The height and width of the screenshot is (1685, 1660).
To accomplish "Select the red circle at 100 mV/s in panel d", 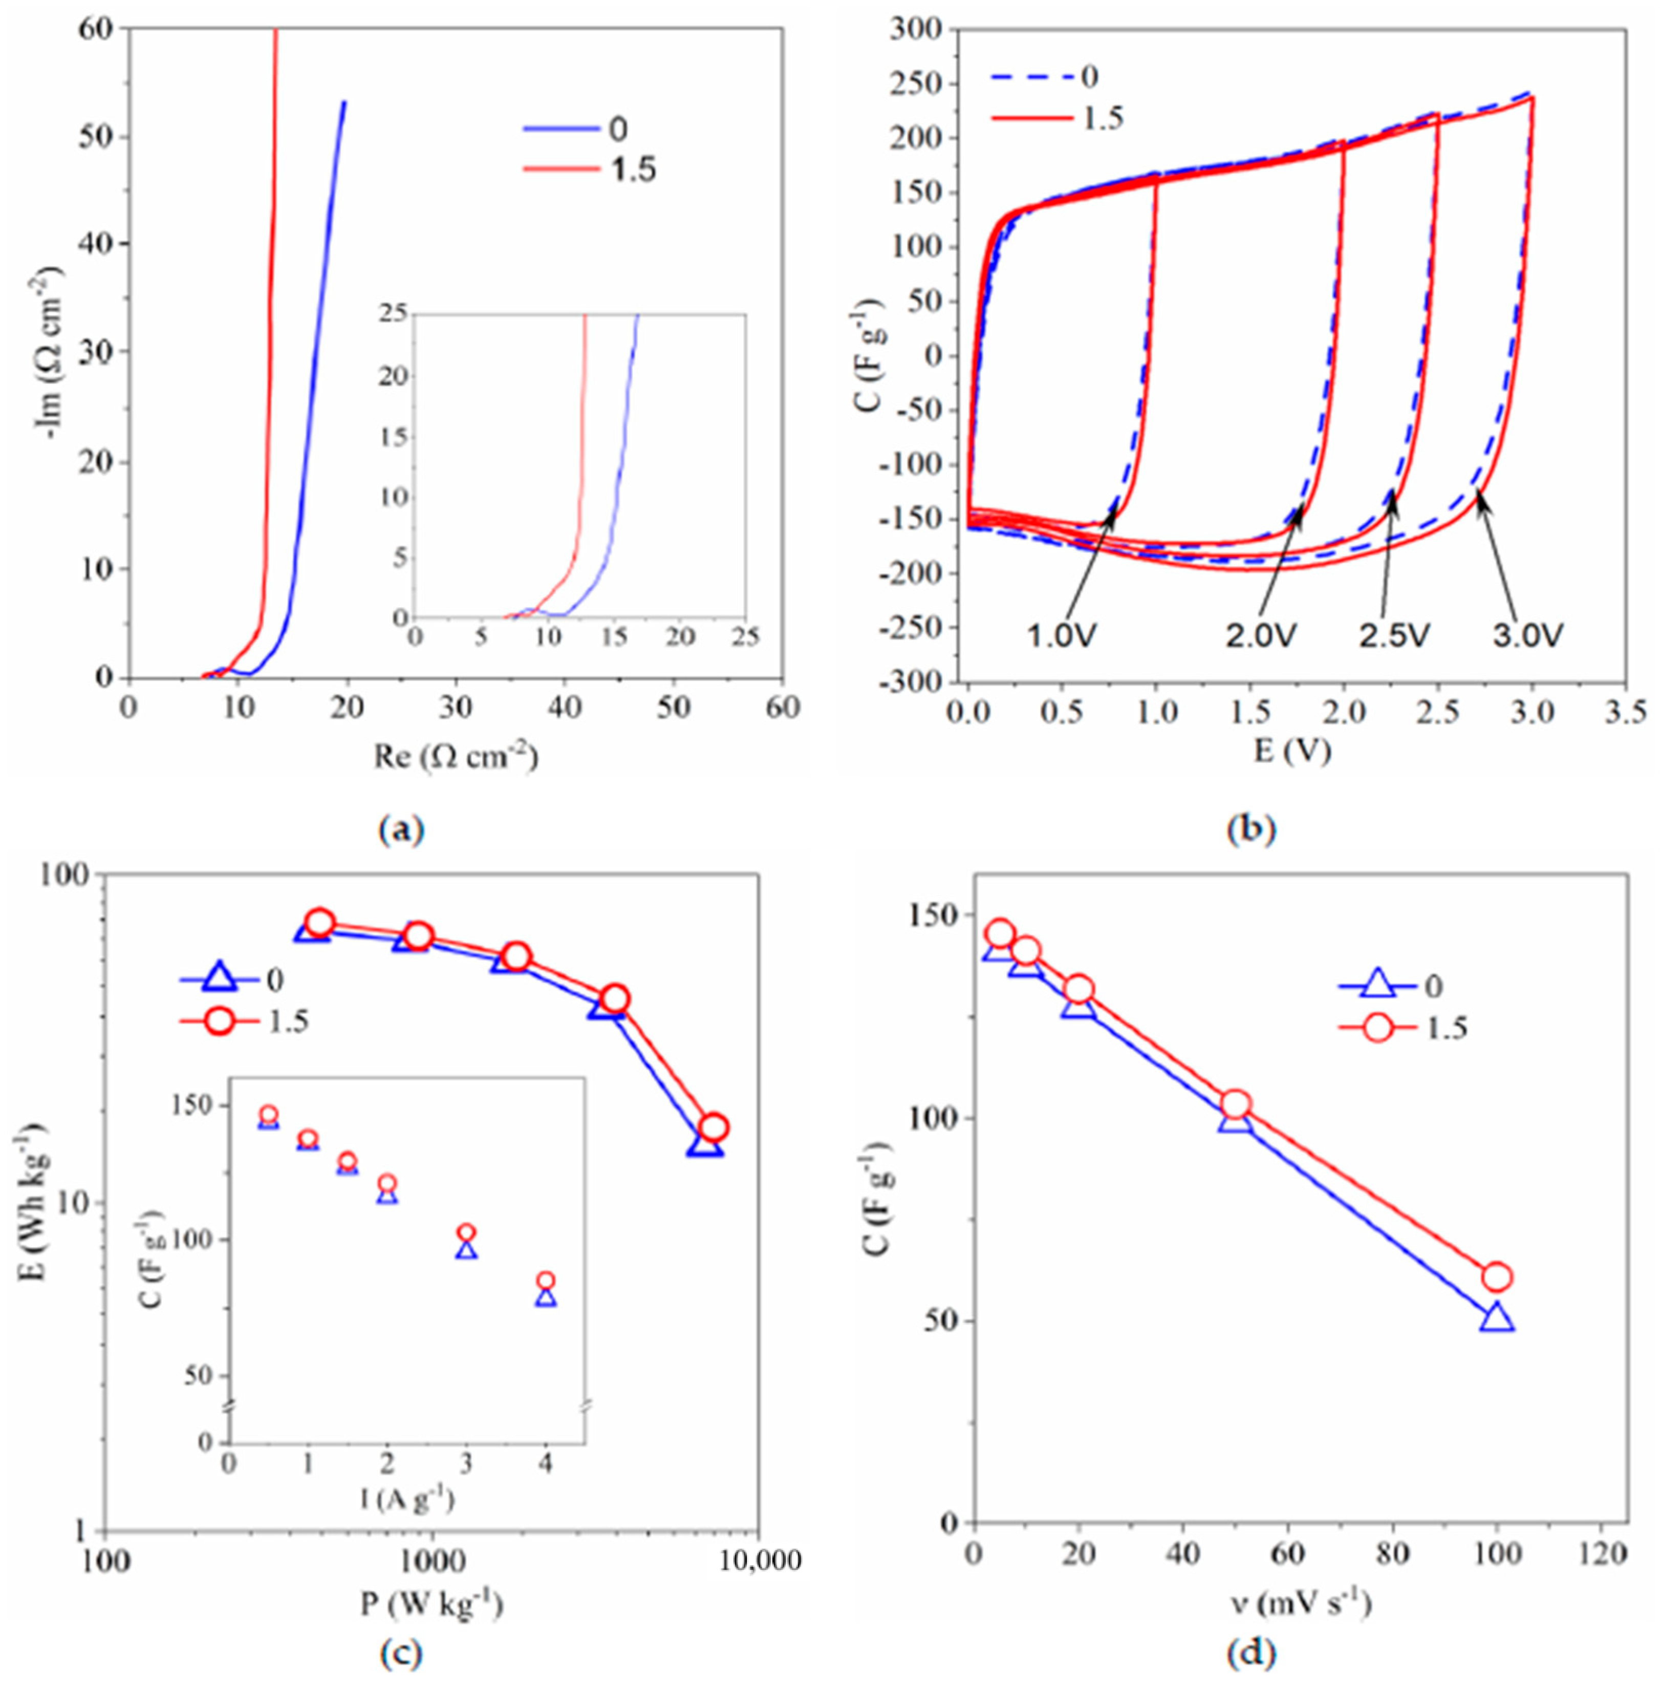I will click(1497, 1278).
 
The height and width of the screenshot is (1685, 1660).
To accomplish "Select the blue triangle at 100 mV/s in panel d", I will click(1497, 1319).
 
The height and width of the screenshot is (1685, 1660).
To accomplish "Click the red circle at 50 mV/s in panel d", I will click(1236, 1105).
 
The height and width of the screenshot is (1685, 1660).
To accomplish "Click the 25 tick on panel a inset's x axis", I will click(745, 636).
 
